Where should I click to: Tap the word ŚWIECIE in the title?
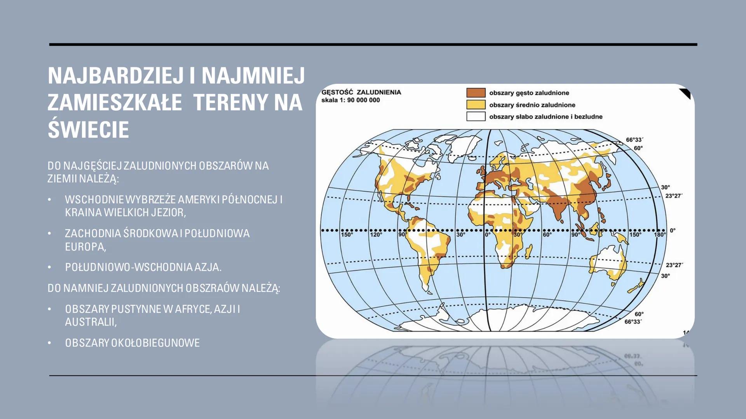pos(88,129)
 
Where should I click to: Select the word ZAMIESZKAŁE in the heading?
pos(115,102)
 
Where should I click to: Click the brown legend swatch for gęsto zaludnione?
pos(476,93)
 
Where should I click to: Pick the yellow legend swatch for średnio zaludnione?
pos(476,105)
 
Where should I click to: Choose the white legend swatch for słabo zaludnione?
pos(476,116)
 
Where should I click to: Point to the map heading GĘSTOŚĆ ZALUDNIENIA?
pos(361,92)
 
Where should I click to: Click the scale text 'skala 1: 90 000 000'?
pos(350,100)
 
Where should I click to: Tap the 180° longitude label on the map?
pos(659,235)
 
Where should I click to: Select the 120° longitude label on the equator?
pos(376,235)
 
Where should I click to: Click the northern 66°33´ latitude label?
pos(634,140)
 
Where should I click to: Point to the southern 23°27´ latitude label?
pos(674,265)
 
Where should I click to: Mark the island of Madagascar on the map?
pos(528,251)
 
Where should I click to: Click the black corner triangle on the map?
pos(686,93)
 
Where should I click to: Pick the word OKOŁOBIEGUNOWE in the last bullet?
pos(155,343)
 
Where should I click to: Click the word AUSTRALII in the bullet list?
pos(91,322)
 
